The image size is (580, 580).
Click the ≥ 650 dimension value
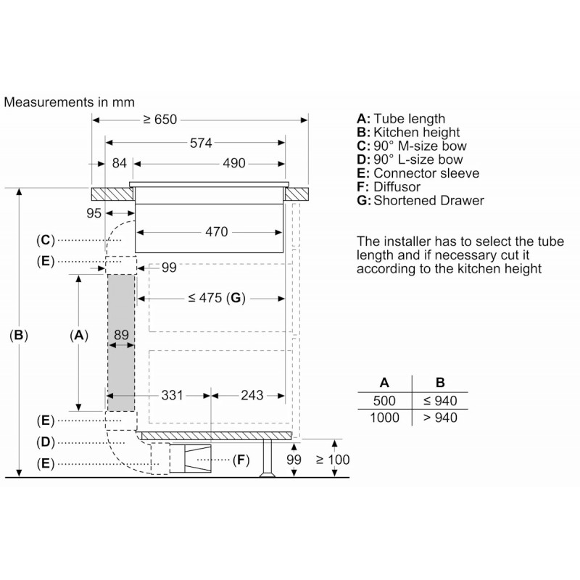click(159, 120)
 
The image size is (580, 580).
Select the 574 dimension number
click(201, 143)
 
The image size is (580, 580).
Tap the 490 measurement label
click(233, 163)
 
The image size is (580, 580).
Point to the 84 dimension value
click(119, 163)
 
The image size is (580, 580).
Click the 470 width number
click(216, 232)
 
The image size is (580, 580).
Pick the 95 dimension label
click(94, 213)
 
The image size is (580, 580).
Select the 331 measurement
click(172, 395)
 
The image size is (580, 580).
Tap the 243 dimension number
click(252, 395)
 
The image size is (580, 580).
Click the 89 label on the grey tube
click(121, 335)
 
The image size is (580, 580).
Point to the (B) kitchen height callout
click(19, 335)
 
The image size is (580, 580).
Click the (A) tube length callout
click(79, 335)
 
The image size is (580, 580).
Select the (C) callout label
click(46, 240)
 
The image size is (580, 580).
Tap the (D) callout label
click(46, 442)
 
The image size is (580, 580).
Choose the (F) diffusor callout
click(241, 460)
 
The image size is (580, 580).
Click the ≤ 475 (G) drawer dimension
click(216, 298)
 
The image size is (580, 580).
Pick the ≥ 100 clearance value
click(333, 460)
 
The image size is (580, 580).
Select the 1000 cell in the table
click(384, 418)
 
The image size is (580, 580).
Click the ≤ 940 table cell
click(440, 401)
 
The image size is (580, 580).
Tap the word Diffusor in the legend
click(397, 187)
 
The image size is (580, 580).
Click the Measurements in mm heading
click(69, 102)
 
